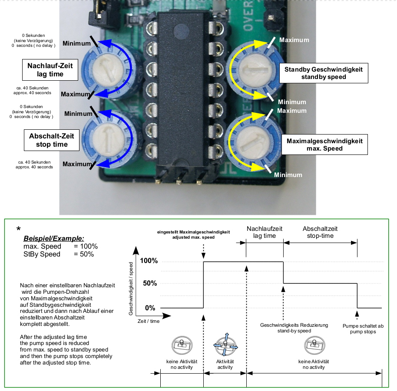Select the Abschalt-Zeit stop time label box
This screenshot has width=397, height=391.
pos(51,140)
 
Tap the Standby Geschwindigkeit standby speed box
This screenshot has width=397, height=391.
pos(323,73)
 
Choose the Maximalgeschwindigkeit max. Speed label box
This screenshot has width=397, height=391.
pos(324,145)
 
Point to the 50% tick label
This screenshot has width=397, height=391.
pos(150,283)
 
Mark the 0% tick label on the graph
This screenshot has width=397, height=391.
pos(150,308)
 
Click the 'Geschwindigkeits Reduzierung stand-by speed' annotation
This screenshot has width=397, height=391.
pos(294,328)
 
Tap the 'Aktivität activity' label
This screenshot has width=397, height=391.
pos(225,364)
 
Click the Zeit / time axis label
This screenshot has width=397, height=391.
pos(149,321)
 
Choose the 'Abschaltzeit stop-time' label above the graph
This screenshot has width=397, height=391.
pos(320,232)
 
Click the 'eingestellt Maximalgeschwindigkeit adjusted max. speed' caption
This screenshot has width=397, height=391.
pos(193,235)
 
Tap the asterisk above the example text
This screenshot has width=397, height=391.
pos(19,229)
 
